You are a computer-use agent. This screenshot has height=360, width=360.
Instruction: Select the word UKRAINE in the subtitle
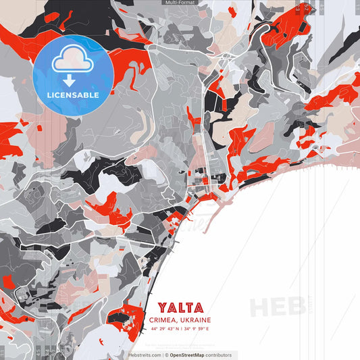pyautogui.click(x=196, y=320)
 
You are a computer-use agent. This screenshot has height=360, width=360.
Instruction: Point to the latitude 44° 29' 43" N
pyautogui.click(x=165, y=329)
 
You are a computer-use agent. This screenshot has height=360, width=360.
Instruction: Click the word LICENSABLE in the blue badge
pyautogui.click(x=73, y=95)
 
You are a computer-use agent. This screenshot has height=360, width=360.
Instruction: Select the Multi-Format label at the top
pyautogui.click(x=180, y=3)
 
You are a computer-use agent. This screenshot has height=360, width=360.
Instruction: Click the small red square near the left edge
pyautogui.click(x=8, y=281)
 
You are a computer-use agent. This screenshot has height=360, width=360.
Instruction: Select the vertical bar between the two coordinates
pyautogui.click(x=181, y=329)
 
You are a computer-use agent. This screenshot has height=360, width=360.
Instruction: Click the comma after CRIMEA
pyautogui.click(x=178, y=322)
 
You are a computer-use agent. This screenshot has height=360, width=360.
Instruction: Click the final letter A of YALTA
pyautogui.click(x=198, y=308)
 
